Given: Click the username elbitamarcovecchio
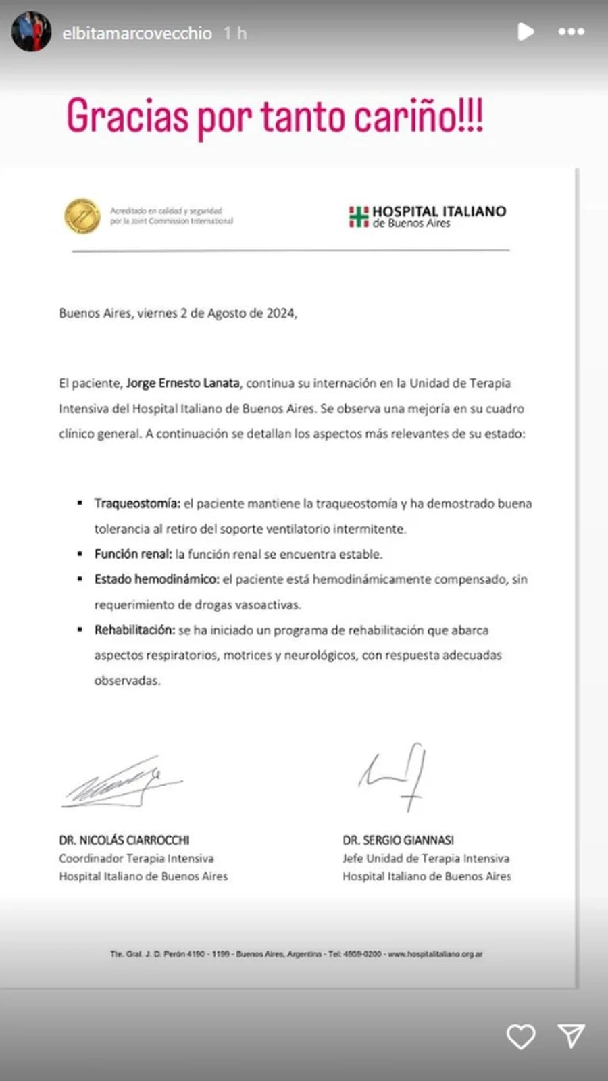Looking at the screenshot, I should point(137,33).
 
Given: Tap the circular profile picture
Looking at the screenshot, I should point(32,32).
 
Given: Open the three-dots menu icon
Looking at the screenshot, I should point(571,32).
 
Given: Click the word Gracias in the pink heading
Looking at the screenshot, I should point(127,117).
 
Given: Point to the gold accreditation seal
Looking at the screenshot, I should point(82,216).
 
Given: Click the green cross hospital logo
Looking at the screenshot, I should point(358,217).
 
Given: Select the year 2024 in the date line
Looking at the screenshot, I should point(280,313).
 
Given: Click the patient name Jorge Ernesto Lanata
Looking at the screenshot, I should point(182,383).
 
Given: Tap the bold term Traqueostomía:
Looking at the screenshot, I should point(137,503).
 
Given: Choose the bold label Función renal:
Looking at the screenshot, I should point(133,554).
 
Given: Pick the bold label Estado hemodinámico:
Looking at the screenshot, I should point(157,579).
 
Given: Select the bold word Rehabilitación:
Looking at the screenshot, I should point(134,630).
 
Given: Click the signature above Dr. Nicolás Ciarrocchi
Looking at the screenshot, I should point(122,784).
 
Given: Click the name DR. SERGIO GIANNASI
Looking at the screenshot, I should point(398,840).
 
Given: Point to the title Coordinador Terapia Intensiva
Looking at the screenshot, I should point(136,858).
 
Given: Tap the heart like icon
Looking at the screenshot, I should point(521,1036).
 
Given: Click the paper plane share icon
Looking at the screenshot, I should point(571,1035).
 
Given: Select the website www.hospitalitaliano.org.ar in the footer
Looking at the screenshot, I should point(435,954).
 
